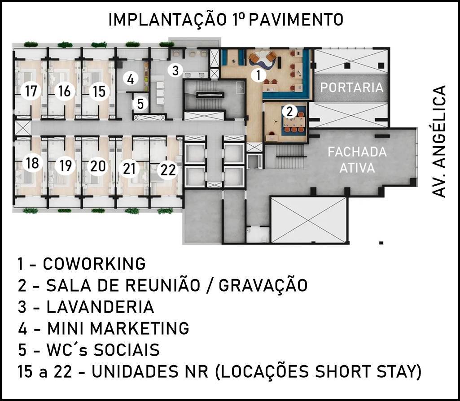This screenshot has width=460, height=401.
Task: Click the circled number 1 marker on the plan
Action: coord(258,75)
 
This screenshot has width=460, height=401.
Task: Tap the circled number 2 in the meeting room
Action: coord(289,112)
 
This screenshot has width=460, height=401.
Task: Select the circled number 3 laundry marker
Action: coord(175,70)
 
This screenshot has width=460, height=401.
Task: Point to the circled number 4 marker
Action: coord(131,79)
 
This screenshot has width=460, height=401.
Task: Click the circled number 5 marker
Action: coord(140,104)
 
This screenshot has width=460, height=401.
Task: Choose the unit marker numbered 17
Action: coord(31,91)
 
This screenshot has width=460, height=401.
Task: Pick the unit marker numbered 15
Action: coord(99,92)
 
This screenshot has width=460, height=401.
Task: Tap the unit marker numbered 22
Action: coord(168,170)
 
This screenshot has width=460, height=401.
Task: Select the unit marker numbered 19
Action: coord(65,166)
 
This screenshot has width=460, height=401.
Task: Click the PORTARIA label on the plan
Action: coord(352,87)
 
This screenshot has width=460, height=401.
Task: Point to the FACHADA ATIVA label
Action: coord(357,160)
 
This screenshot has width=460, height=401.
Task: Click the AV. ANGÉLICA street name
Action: coord(439,141)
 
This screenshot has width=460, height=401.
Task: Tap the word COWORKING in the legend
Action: coord(94,264)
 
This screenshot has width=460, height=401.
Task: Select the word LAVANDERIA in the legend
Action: coord(101,307)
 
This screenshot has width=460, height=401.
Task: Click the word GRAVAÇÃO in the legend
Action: coord(263,285)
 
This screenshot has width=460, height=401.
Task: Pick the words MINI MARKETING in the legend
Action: coord(118,328)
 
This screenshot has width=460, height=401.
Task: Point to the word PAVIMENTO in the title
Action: coord(296,20)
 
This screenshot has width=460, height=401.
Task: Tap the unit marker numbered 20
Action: coord(98,166)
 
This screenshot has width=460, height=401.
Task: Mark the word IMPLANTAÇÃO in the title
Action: coord(167,20)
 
